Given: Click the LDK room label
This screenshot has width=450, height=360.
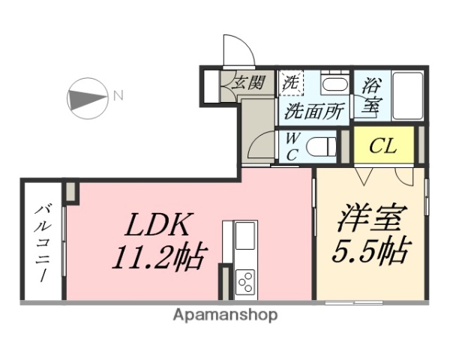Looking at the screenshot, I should coord(159,224).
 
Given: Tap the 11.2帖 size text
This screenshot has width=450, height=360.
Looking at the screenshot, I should coord(159,257).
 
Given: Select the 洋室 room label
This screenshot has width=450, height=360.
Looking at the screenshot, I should coord(371,219).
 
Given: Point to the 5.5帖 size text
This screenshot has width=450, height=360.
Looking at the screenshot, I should coord(371,250).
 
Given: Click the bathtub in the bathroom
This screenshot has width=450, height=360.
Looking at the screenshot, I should coord(409,96).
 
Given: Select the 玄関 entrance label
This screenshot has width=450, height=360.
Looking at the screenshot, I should coord(247,82).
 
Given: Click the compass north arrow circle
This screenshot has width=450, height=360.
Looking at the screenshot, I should coord(88,97).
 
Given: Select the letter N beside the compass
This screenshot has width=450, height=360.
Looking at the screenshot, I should coord(118,95).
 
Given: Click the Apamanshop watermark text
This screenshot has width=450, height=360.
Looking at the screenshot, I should coord(225,315).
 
